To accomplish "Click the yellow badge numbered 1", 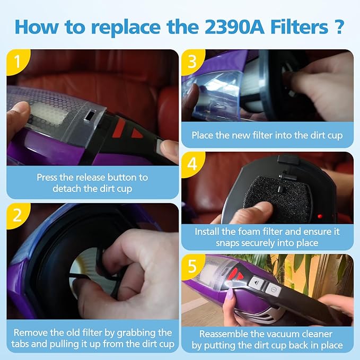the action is coord(17,62).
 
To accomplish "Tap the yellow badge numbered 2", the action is coord(17,215).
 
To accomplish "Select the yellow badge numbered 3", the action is coord(192,62).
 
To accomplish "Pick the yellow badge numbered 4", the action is coord(192,164).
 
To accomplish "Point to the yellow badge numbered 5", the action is coord(192,266).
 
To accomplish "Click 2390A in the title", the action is coord(234,27).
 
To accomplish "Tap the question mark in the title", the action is coord(338,27).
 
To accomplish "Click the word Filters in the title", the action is coord(300,27).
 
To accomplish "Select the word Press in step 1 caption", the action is coord(47,178).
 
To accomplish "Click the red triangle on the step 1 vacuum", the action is coord(136,134).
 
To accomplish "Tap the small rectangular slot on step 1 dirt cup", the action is coord(90,115).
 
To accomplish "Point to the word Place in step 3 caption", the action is coord(203,135).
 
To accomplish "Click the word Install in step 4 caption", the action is coord(207,231).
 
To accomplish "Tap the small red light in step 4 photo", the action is coord(320,216).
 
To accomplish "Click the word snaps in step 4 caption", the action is coord(227,243).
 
